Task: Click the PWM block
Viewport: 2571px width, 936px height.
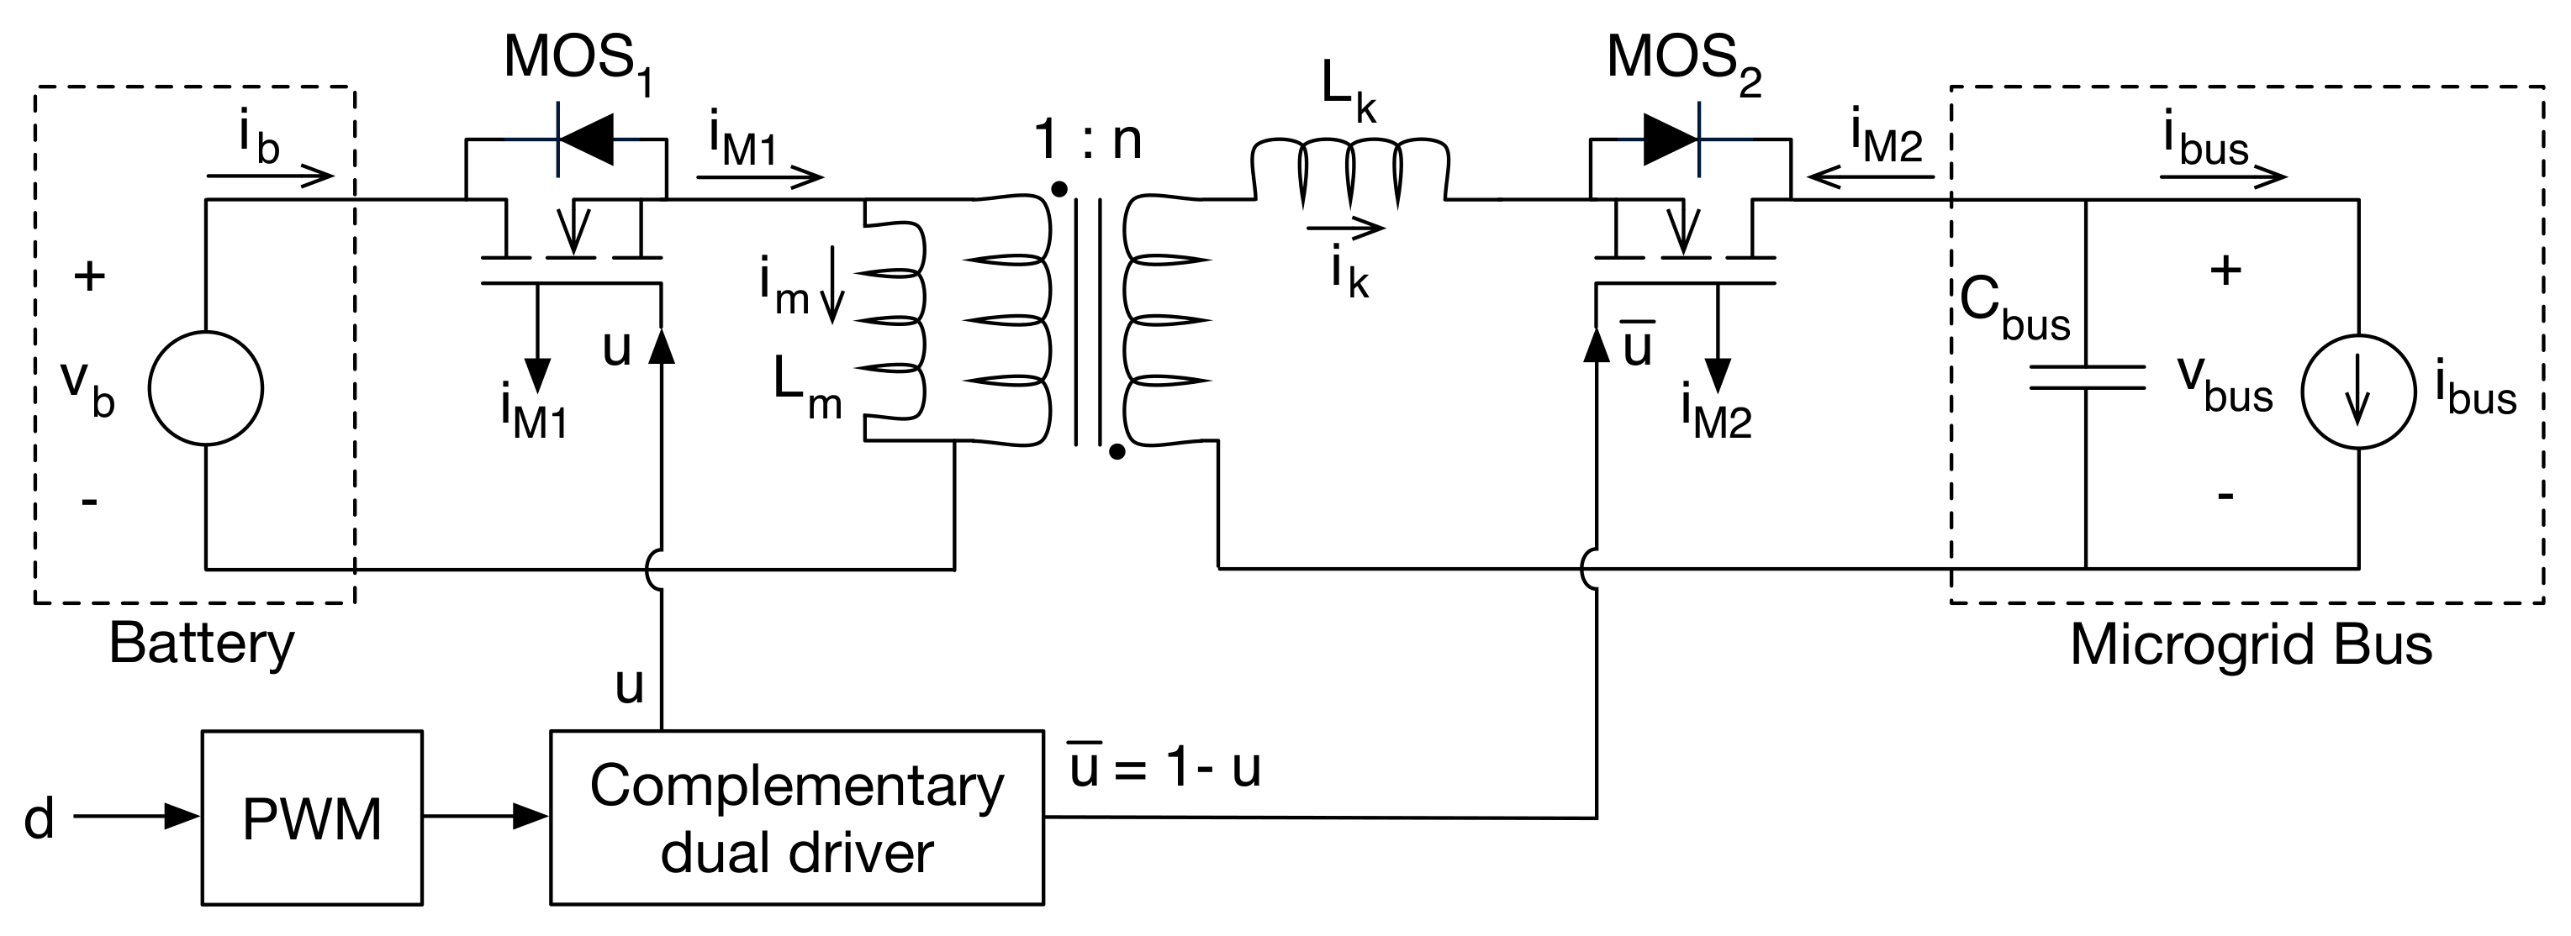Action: tap(311, 818)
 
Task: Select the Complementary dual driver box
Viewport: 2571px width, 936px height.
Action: tap(796, 818)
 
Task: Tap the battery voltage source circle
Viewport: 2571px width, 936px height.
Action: tap(206, 388)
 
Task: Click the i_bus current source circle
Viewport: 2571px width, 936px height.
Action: tap(2358, 392)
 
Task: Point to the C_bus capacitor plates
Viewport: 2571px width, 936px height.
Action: tap(2086, 377)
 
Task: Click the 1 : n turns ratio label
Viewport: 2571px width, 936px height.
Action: tap(1088, 139)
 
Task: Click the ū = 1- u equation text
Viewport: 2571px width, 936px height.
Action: tap(1164, 766)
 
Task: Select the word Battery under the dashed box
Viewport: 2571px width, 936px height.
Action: tap(202, 644)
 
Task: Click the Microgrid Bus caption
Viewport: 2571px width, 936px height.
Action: tap(2251, 645)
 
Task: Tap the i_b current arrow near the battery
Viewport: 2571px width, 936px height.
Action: tap(270, 176)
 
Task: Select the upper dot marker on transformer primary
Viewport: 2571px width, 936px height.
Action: tap(1060, 188)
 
